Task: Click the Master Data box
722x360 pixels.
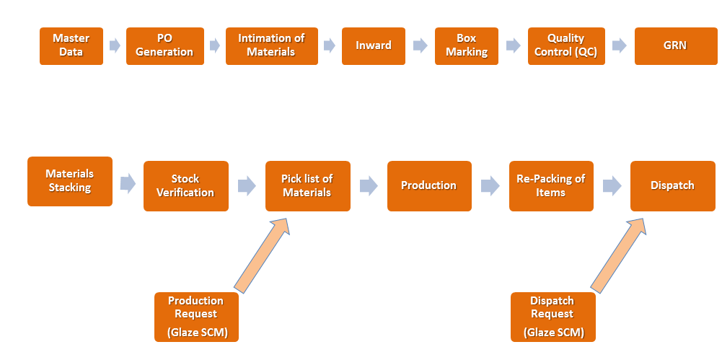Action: (x=71, y=46)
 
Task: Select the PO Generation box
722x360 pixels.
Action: (x=165, y=46)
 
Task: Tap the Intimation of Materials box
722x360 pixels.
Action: (x=272, y=46)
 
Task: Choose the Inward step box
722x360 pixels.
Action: (x=374, y=46)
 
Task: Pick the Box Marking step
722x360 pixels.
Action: (x=467, y=46)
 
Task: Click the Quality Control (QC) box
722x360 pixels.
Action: (x=566, y=46)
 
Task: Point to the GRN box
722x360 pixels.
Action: (x=676, y=46)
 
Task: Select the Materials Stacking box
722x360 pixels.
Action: (x=70, y=181)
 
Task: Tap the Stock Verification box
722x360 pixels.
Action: (x=186, y=186)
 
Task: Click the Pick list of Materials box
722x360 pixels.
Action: (x=307, y=186)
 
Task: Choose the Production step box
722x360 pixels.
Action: (x=429, y=186)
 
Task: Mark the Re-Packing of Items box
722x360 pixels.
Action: (x=551, y=186)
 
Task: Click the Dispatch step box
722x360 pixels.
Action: (x=673, y=186)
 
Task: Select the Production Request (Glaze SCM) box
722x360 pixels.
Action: (x=197, y=317)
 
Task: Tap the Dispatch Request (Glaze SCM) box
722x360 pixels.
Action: (x=553, y=317)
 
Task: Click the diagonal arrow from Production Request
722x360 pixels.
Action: (x=261, y=256)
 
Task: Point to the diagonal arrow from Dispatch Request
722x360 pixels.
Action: (x=618, y=256)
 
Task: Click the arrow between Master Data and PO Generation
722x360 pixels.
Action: (x=115, y=45)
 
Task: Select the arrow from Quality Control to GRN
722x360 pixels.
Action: (x=620, y=45)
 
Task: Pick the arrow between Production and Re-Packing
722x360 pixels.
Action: (x=490, y=186)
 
